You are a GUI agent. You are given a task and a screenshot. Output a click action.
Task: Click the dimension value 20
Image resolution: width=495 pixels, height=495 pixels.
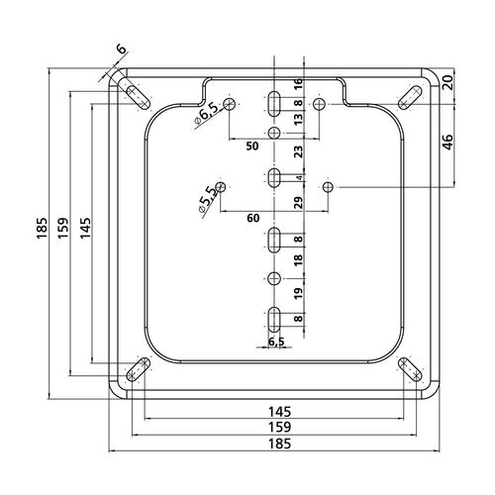[x=448, y=81]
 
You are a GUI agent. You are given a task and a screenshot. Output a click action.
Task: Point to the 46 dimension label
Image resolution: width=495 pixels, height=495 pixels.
[x=448, y=143]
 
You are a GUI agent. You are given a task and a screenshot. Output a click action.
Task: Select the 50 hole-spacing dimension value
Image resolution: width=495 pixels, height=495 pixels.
[x=252, y=147]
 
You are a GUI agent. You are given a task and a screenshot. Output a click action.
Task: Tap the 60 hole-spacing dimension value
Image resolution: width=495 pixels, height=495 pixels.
[x=253, y=218]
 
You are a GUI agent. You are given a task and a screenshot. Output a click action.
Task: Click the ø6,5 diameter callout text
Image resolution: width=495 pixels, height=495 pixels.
[x=206, y=115]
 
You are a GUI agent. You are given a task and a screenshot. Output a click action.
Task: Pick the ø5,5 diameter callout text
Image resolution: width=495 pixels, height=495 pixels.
[x=207, y=199]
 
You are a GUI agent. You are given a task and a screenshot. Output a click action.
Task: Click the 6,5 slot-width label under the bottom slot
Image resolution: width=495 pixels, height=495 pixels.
[x=276, y=342]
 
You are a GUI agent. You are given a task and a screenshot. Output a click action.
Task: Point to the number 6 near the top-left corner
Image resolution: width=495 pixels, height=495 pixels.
[x=122, y=49]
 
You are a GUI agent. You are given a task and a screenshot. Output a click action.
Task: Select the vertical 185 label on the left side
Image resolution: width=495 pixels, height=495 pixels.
[x=43, y=228]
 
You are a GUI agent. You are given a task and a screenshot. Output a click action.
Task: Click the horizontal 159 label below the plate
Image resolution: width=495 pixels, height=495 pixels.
[x=279, y=427]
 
